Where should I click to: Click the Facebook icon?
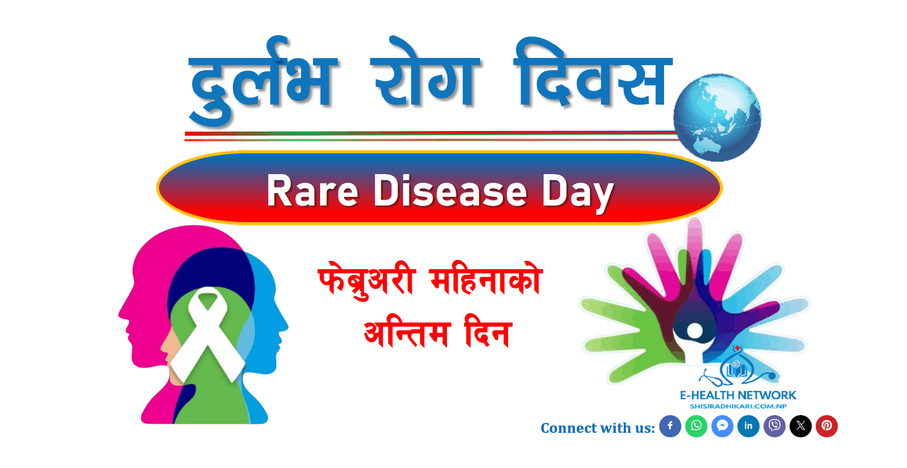(670, 426)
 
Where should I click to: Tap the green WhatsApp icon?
(696, 426)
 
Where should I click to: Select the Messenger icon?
(722, 426)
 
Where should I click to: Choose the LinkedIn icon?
(748, 426)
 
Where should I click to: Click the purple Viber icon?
(774, 426)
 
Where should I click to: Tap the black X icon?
(800, 426)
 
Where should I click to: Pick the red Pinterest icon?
(827, 426)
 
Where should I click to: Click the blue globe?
(717, 118)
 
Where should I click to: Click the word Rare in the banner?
(312, 191)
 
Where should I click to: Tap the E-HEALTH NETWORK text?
(738, 395)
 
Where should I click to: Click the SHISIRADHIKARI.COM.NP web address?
(738, 406)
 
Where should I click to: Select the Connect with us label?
(598, 428)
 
